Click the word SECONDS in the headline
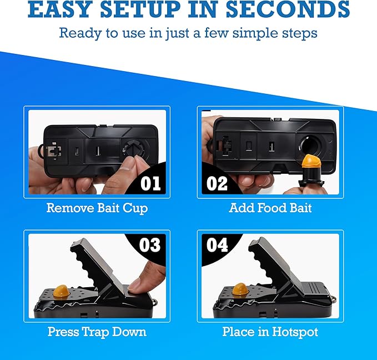288,9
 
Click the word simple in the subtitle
254,33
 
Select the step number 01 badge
151,183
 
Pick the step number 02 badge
217,183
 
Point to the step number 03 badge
150,245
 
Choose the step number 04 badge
217,245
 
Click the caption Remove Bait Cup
97,208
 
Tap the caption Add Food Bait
270,208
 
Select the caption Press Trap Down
97,332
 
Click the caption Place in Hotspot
270,332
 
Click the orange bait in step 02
312,162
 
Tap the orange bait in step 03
61,291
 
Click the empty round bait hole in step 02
310,146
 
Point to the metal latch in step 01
53,151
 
